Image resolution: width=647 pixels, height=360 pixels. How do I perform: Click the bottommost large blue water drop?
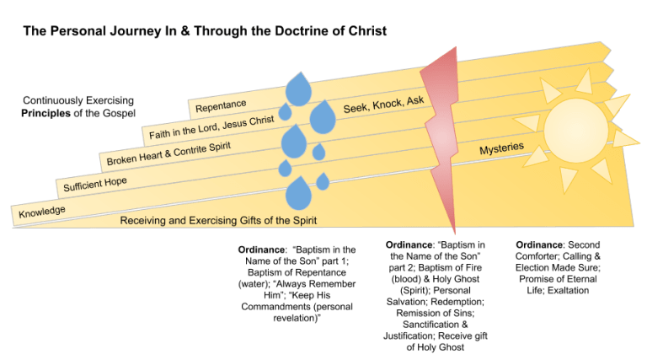(x=298, y=195)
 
